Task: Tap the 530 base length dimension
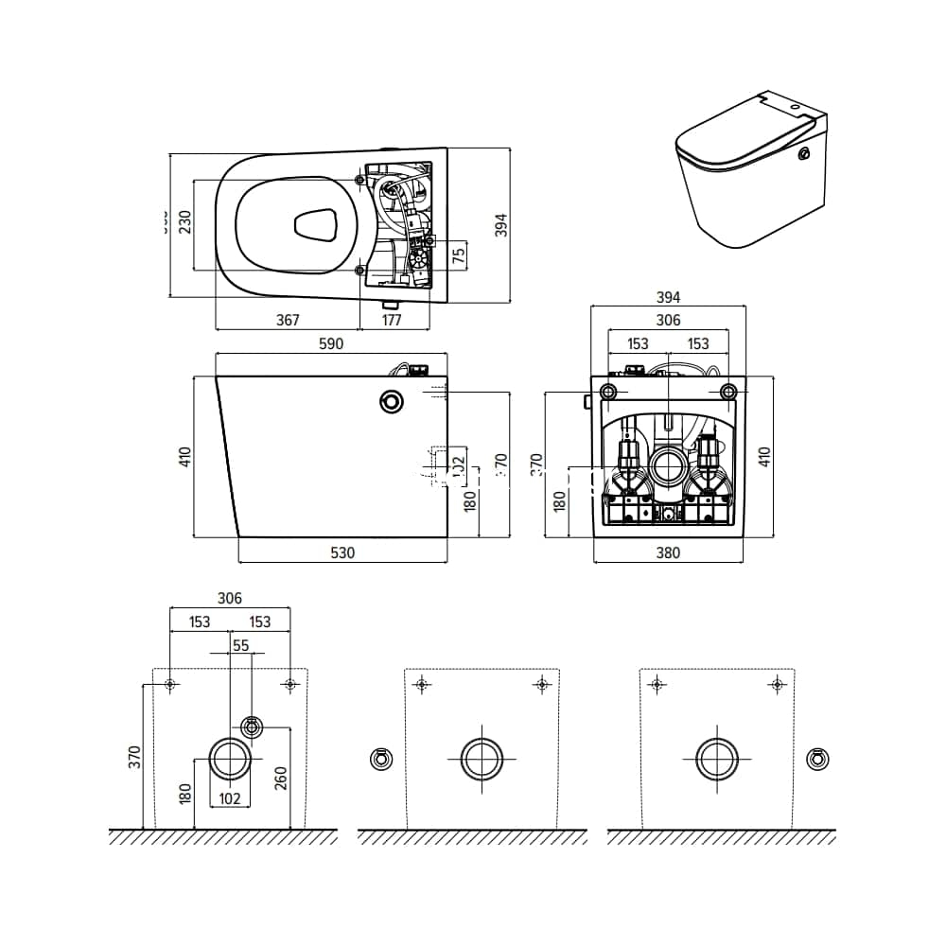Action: click(342, 552)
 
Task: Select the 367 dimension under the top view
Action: click(288, 320)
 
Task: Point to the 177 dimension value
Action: click(392, 320)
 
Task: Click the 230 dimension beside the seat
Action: click(185, 223)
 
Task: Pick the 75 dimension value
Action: click(459, 256)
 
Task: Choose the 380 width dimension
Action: click(668, 552)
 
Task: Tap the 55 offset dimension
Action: click(240, 644)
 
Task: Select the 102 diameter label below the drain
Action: click(229, 797)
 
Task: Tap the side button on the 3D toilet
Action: click(805, 154)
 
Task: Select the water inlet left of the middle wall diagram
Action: click(379, 759)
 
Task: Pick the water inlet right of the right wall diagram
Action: click(817, 759)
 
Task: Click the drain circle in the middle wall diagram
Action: click(482, 759)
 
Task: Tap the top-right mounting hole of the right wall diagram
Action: click(777, 683)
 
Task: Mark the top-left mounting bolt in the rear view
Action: click(610, 392)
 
